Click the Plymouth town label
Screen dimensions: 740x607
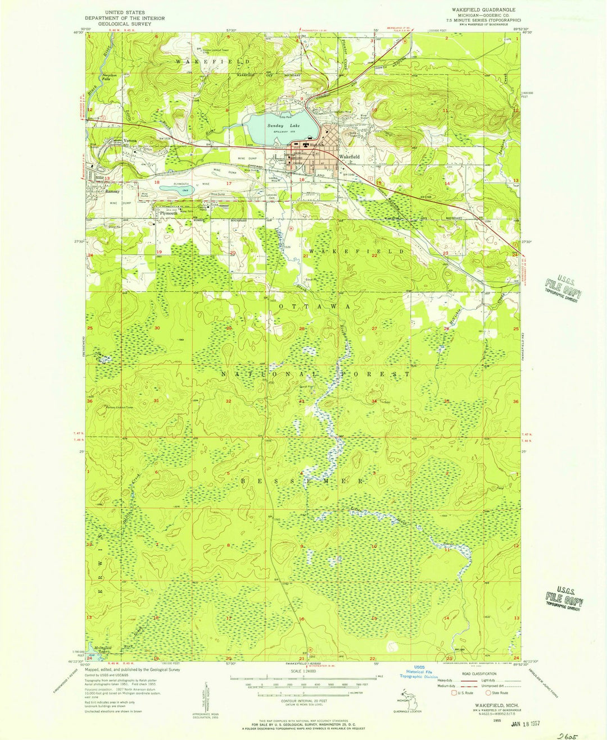click(x=168, y=214)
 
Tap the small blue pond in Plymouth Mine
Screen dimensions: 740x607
click(x=176, y=190)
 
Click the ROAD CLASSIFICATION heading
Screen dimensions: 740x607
click(x=480, y=674)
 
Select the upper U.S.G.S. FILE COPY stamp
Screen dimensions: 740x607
click(x=563, y=287)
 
